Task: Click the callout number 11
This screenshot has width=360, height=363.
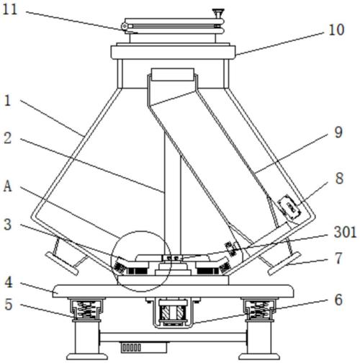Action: coord(10,9)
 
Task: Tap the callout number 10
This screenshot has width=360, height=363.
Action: coord(336,30)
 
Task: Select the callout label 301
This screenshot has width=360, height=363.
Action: coord(346,233)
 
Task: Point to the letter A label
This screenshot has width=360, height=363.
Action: coord(8,186)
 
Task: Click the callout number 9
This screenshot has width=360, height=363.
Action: coord(338,133)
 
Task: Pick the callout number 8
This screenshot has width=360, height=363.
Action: coord(339,179)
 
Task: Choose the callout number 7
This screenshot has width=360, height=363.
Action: coord(338,258)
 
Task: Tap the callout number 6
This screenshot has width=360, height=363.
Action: coord(338,300)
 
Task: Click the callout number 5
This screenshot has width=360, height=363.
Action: coord(9,305)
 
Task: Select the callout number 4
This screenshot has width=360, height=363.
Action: coord(9,282)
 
